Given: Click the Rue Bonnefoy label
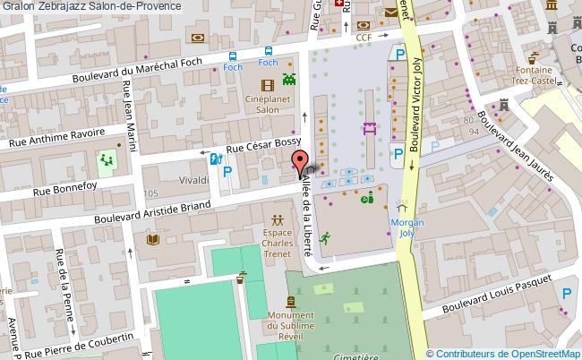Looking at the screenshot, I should (67, 189).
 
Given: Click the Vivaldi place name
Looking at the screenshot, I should (193, 180).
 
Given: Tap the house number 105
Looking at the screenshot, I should (148, 193).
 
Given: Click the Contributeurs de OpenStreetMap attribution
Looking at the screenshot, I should (503, 353).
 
